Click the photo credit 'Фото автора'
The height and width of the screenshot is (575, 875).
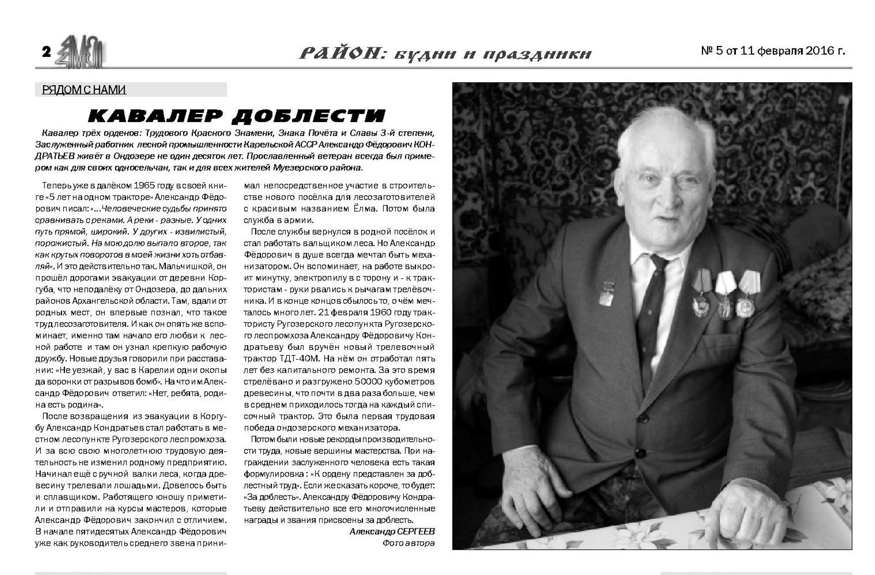[408, 543]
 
